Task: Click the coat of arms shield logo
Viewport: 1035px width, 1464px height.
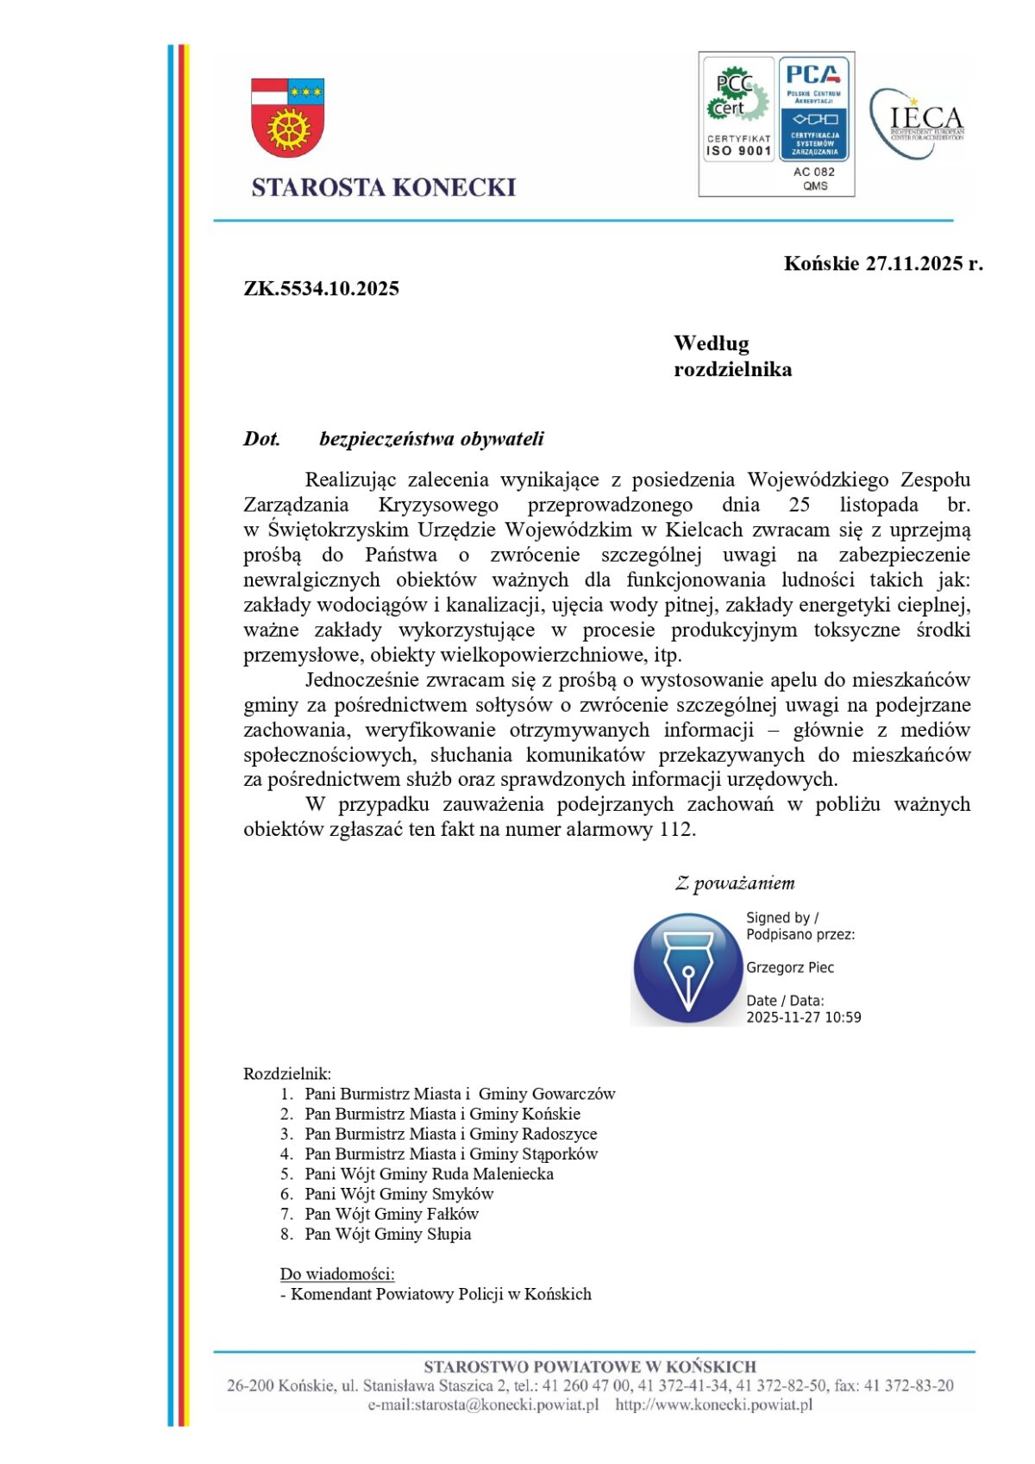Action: (287, 117)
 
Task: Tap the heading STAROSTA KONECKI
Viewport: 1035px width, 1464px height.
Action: (383, 187)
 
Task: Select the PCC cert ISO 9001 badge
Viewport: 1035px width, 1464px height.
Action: (738, 110)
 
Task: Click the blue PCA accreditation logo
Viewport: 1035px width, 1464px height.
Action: (814, 109)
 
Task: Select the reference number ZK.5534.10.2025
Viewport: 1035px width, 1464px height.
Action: (321, 288)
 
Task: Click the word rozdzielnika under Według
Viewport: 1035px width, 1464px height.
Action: (732, 369)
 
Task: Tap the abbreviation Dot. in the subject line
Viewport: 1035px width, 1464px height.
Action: (261, 439)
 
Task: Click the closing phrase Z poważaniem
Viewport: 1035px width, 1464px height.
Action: (734, 883)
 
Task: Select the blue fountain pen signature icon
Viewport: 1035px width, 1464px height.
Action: (687, 969)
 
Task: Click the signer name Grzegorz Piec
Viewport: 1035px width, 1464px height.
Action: (790, 967)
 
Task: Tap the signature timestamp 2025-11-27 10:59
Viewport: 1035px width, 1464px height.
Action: (803, 1017)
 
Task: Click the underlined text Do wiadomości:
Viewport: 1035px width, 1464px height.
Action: (337, 1273)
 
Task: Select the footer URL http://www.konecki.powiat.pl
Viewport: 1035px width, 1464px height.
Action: (714, 1405)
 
